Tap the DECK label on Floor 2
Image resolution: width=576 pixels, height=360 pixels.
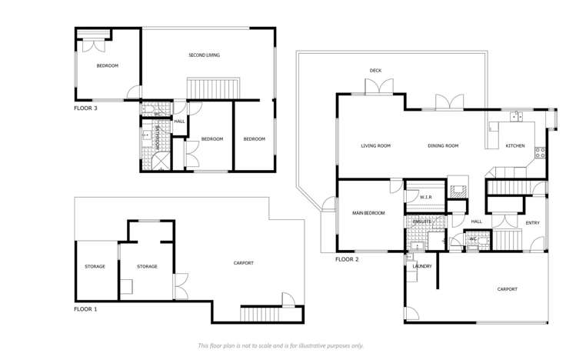coord(375,71)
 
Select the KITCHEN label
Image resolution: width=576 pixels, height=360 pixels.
coord(514,145)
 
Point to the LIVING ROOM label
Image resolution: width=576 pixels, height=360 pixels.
coord(376,145)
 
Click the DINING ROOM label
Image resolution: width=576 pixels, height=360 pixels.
coord(443,145)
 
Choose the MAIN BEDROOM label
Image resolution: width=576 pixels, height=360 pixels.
coord(368,212)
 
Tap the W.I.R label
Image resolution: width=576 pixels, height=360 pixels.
coord(426,198)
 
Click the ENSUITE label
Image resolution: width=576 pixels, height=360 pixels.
coord(422,222)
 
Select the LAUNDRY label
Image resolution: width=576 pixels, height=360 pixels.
coord(422,266)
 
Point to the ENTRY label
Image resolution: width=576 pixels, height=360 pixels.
coord(532,223)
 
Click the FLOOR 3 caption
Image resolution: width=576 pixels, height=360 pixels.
coord(85,108)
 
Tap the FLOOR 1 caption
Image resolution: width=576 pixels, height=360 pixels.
coord(85,308)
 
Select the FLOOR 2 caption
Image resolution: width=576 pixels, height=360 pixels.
coord(348,259)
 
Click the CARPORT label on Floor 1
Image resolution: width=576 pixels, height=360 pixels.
coord(243,263)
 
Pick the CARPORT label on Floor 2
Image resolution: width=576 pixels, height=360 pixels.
coord(507,289)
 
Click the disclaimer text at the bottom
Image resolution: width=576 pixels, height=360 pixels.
coord(281,346)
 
